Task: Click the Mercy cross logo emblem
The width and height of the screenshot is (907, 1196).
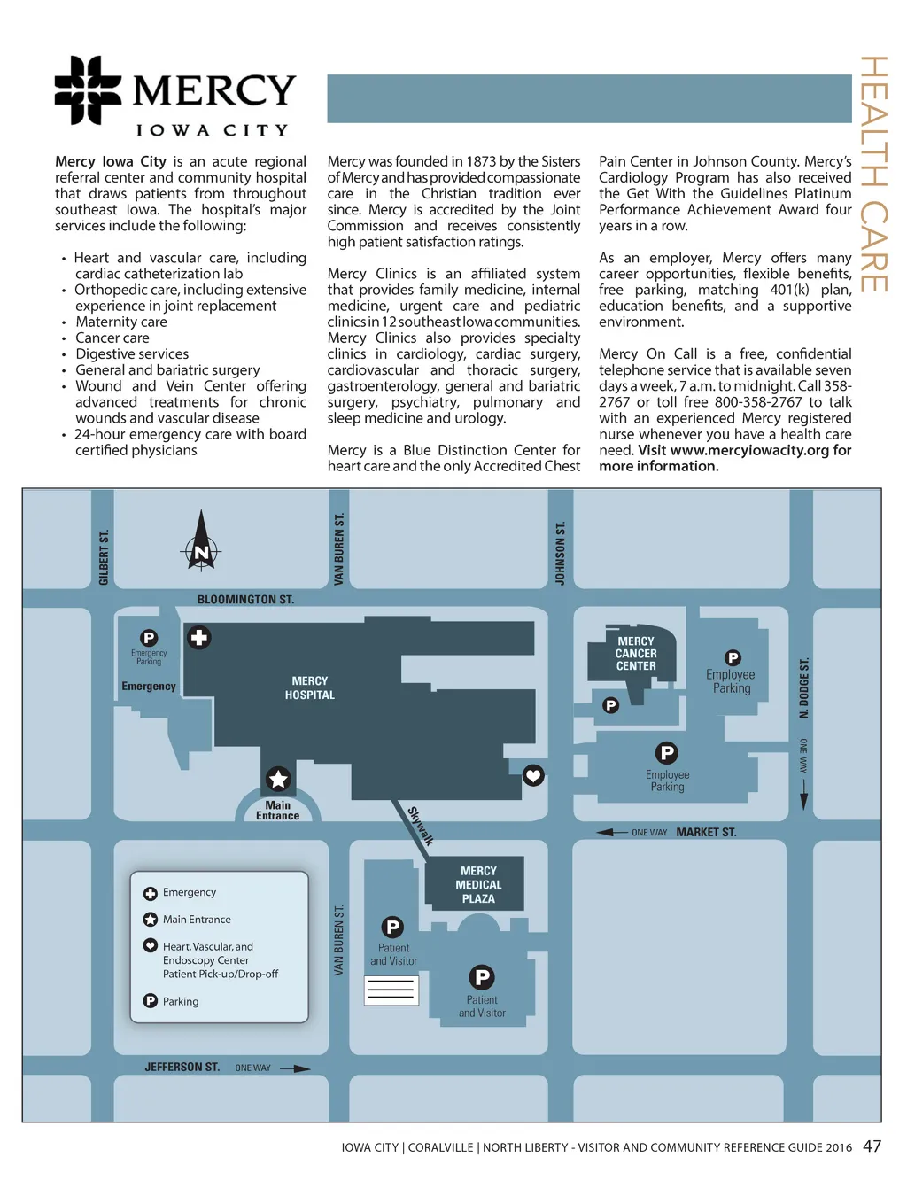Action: tap(88, 89)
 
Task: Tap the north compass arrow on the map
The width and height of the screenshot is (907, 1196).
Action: tap(201, 540)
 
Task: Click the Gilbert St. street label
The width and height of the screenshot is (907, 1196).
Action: tap(104, 557)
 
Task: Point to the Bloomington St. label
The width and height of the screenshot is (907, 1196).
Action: tap(245, 600)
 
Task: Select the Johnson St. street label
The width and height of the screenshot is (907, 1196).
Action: tap(560, 554)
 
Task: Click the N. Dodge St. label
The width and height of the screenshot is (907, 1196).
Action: tap(803, 688)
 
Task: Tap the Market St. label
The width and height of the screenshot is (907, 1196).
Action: tap(706, 832)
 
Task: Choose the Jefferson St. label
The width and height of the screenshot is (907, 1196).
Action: tap(182, 1067)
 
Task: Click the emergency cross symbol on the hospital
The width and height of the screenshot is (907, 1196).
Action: tap(198, 638)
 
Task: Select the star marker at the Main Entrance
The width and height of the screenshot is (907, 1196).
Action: tap(278, 779)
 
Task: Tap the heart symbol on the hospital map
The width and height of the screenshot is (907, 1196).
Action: tap(533, 775)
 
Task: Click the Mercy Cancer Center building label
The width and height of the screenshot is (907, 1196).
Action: tap(636, 653)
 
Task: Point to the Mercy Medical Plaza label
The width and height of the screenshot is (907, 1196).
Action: tap(478, 884)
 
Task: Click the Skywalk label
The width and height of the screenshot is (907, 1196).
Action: tap(421, 826)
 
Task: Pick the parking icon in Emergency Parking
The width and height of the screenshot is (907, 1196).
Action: tap(149, 637)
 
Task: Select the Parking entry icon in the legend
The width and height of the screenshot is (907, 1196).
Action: tap(150, 1000)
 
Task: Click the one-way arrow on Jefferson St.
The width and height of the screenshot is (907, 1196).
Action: tap(295, 1068)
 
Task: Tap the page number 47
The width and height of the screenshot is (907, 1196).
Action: tap(872, 1146)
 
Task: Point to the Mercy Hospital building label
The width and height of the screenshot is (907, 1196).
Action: tap(309, 687)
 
